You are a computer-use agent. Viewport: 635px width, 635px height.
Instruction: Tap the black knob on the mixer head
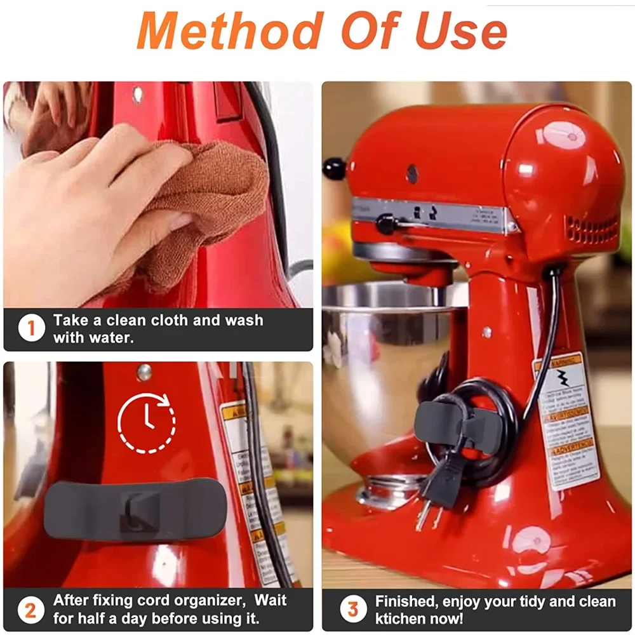(x=335, y=168)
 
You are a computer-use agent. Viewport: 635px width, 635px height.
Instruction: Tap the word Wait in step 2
(x=271, y=600)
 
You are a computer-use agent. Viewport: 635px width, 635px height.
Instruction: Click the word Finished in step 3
(x=407, y=601)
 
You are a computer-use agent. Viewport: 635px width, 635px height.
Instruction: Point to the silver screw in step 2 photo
(x=144, y=371)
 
